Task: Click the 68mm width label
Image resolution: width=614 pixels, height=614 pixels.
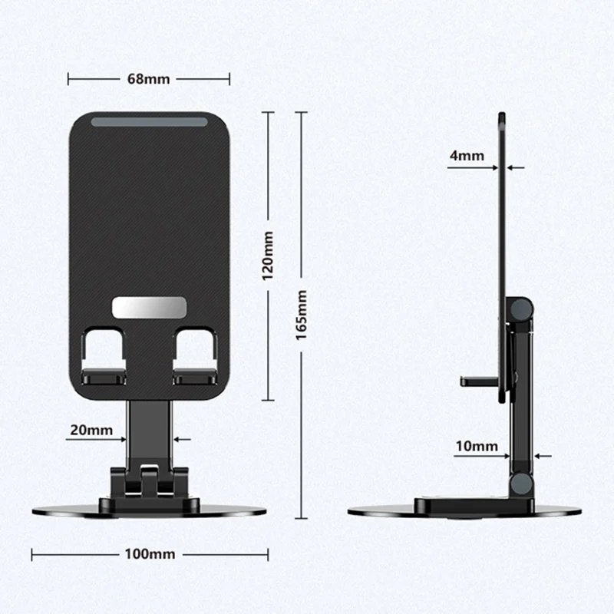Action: coord(150,78)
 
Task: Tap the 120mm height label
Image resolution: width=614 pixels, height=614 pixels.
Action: coord(268,256)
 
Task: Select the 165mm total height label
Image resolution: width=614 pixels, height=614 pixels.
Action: coord(302,315)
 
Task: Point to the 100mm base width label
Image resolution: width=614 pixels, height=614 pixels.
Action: coord(150,553)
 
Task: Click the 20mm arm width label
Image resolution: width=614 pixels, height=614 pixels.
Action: coord(91,430)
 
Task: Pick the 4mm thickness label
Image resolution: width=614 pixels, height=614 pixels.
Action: coord(467,156)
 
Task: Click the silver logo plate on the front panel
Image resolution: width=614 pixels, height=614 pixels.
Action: coord(150,307)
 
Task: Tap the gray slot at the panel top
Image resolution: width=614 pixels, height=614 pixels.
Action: coord(150,122)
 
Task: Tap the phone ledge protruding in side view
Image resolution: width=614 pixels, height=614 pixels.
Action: coord(477,380)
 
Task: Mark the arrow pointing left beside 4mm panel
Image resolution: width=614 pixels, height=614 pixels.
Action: coord(516,167)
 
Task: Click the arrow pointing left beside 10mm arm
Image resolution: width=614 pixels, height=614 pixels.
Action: coord(543,456)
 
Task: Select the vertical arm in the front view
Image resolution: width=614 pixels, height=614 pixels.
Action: coord(150,430)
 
